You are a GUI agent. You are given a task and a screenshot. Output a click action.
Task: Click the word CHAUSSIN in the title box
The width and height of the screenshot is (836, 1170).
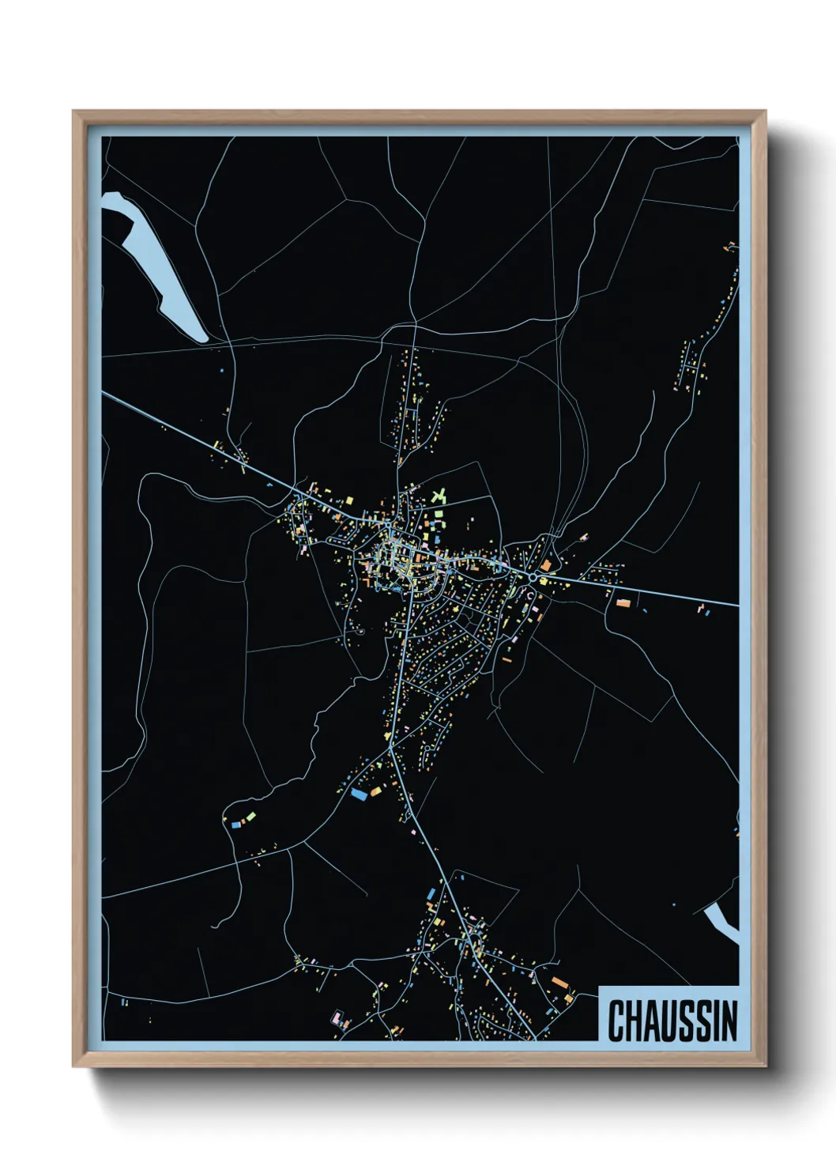coord(672,1021)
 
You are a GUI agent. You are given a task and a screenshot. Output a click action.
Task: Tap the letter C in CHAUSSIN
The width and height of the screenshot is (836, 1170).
coord(615,1021)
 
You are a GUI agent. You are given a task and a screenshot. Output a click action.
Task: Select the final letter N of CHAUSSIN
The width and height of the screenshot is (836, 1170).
coord(729,1021)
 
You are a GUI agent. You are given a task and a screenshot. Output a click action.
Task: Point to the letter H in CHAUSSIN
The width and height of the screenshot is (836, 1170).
coord(632,1021)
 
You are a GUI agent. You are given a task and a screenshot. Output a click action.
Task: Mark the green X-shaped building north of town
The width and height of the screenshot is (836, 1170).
coord(439,496)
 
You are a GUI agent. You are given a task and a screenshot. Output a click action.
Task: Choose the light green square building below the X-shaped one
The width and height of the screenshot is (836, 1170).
coord(437,515)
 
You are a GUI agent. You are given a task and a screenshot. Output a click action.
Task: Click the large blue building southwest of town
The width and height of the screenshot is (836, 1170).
coord(360,793)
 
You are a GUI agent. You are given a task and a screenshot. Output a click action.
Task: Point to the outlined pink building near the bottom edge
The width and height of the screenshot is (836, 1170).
coord(341,1018)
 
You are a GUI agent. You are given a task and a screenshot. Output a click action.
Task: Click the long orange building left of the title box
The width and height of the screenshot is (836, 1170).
coord(559,983)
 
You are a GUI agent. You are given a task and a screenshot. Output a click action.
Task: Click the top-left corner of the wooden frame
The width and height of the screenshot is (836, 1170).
coord(73,111)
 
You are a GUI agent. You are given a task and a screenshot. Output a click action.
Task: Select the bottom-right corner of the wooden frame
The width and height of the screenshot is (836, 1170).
coord(765,1066)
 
